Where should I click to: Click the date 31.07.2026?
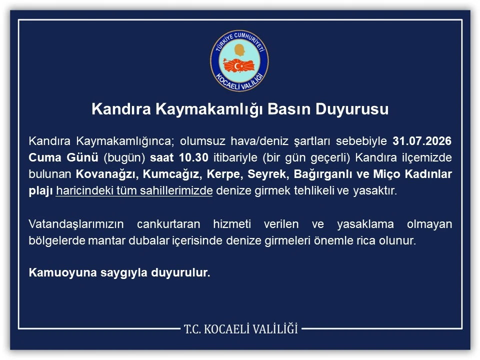tap(422, 141)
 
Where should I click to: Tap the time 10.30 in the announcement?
tap(193, 157)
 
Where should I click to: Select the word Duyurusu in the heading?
tap(352, 109)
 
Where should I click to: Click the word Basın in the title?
tap(289, 109)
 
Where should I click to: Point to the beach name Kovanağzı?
tap(105, 174)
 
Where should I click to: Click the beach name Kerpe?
tap(223, 174)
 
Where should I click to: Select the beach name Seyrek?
tap(267, 174)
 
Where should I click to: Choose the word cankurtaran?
tap(168, 224)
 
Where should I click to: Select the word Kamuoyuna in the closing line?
tap(63, 272)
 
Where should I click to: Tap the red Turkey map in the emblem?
tap(239, 65)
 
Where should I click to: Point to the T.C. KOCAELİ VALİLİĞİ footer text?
tap(241, 329)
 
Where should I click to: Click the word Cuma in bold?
tap(45, 157)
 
